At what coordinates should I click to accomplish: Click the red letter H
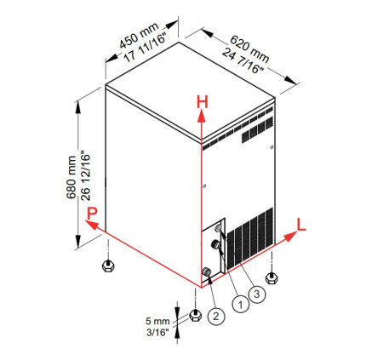click(x=203, y=102)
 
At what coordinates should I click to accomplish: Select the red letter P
click(x=92, y=214)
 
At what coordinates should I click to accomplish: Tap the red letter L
click(x=301, y=224)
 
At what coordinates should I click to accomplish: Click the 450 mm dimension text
click(x=139, y=36)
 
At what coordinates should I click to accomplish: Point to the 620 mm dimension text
click(x=249, y=49)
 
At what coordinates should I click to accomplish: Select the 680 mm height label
click(x=71, y=177)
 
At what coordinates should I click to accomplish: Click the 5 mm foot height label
click(x=157, y=321)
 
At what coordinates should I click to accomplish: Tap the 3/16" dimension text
click(x=157, y=332)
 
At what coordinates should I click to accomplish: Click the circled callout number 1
click(x=241, y=305)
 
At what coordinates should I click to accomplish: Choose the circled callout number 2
click(x=216, y=316)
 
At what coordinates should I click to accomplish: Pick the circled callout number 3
click(x=257, y=294)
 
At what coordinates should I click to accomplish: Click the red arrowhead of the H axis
click(x=202, y=117)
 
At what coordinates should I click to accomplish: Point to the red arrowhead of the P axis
click(x=92, y=225)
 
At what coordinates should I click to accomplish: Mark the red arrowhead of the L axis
click(x=290, y=237)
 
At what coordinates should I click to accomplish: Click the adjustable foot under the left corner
click(x=108, y=266)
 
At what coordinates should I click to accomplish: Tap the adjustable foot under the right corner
click(x=272, y=277)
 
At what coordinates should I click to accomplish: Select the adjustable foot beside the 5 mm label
click(x=195, y=315)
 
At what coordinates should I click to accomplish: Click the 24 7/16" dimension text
click(x=243, y=61)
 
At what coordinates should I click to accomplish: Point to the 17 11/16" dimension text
click(x=145, y=48)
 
